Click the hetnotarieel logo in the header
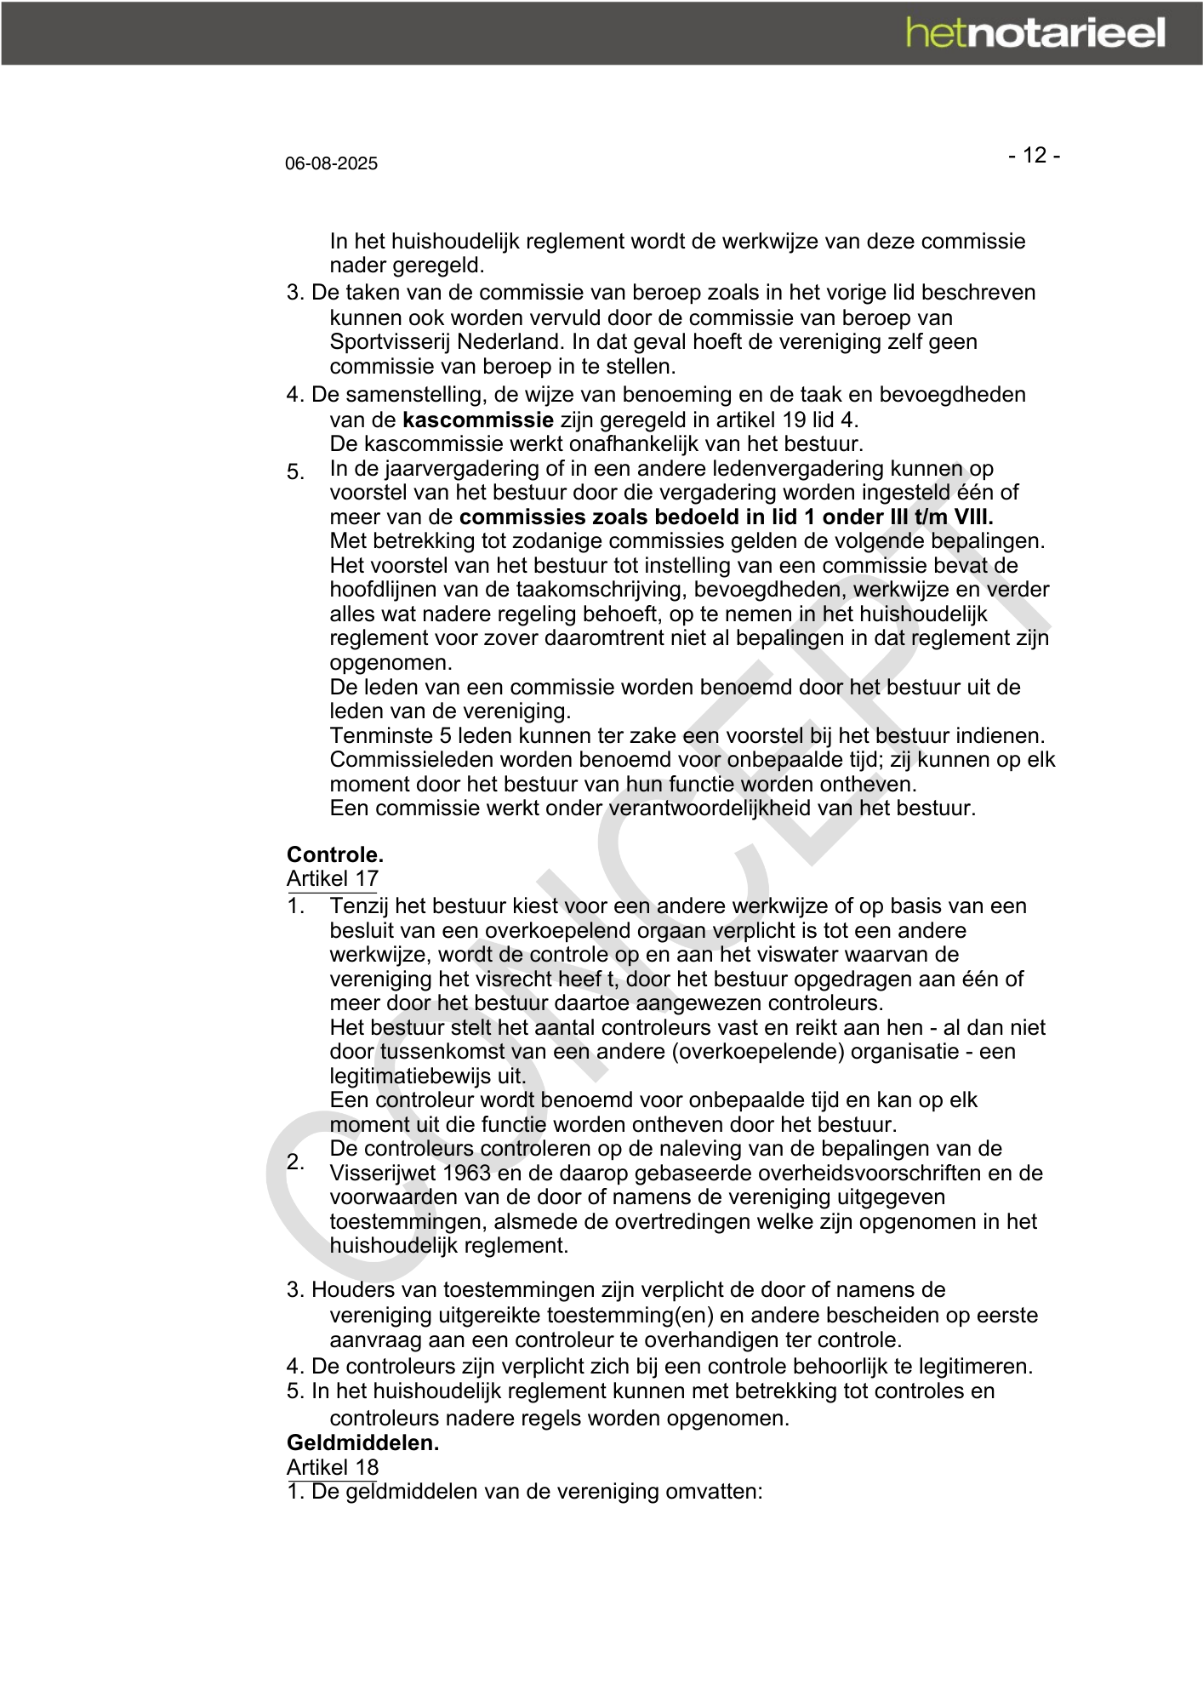tap(1035, 33)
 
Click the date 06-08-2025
tap(331, 163)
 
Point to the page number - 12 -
tap(1034, 155)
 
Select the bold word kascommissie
tap(478, 420)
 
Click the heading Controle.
tap(335, 854)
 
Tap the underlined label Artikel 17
tap(333, 878)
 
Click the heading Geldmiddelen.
tap(363, 1442)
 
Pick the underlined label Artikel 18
tap(333, 1467)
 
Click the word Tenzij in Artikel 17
tap(359, 906)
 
